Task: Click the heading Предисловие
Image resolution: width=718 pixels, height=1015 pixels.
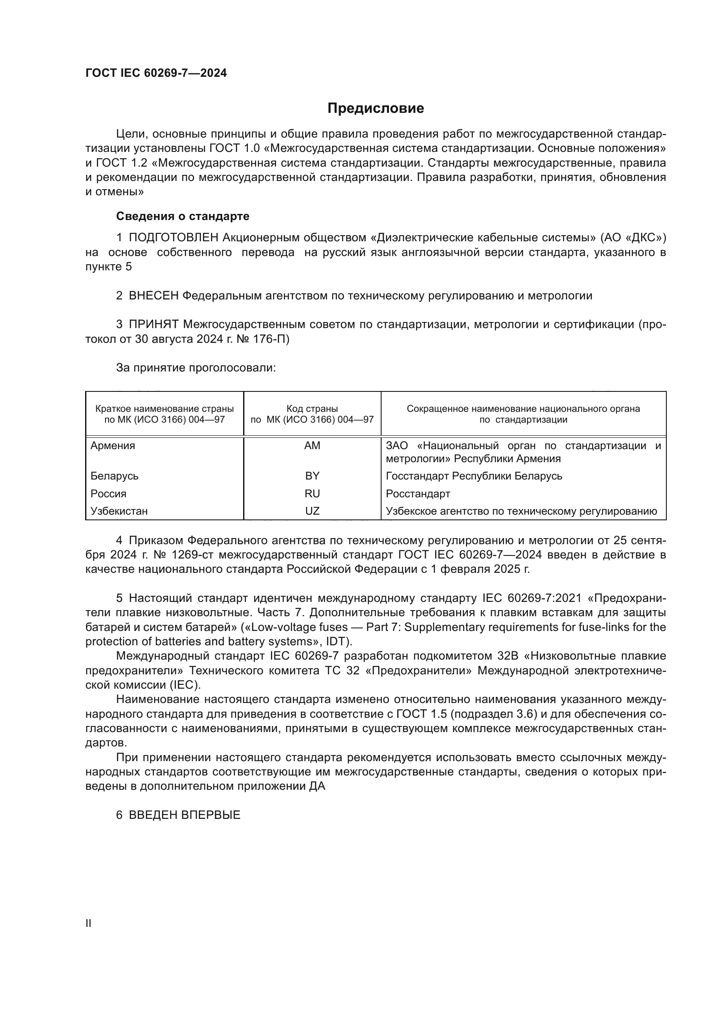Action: point(375,108)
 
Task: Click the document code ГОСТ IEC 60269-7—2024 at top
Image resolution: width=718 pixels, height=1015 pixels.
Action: point(156,73)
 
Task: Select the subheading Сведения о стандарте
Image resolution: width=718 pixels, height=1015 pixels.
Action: point(183,216)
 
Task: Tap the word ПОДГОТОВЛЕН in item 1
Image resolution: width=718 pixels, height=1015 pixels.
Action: point(173,238)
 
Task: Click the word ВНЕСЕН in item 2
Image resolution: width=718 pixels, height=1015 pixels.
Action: point(153,296)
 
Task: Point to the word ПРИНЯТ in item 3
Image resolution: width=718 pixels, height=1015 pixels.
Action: point(153,325)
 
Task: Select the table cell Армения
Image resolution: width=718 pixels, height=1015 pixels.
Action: point(113,446)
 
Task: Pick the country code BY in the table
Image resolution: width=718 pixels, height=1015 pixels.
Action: point(312,476)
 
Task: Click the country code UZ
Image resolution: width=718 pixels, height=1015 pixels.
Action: point(312,511)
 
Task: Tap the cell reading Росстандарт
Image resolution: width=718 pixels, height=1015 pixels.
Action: point(418,494)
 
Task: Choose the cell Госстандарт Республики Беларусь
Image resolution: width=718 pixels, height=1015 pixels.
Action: point(474,476)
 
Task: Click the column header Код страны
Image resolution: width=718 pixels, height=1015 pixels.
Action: point(312,409)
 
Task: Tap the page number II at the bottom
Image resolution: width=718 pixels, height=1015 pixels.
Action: point(88,923)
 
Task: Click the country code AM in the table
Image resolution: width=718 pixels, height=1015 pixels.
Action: point(312,446)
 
